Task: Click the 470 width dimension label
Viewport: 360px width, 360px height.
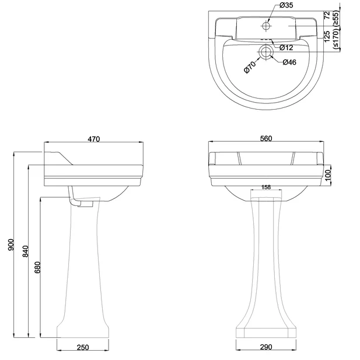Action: coord(94,139)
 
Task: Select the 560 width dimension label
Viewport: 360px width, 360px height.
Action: coord(266,139)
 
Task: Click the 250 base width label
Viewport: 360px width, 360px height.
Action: coord(82,348)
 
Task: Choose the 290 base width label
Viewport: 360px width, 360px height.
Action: coord(266,348)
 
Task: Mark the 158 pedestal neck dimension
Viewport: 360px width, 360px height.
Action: coord(266,187)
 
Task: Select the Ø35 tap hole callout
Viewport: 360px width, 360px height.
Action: coord(286,6)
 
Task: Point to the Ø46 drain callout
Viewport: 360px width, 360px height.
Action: coord(289,62)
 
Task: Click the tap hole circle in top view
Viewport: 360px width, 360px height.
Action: coord(266,26)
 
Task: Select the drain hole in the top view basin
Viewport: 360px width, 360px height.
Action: coord(266,52)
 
